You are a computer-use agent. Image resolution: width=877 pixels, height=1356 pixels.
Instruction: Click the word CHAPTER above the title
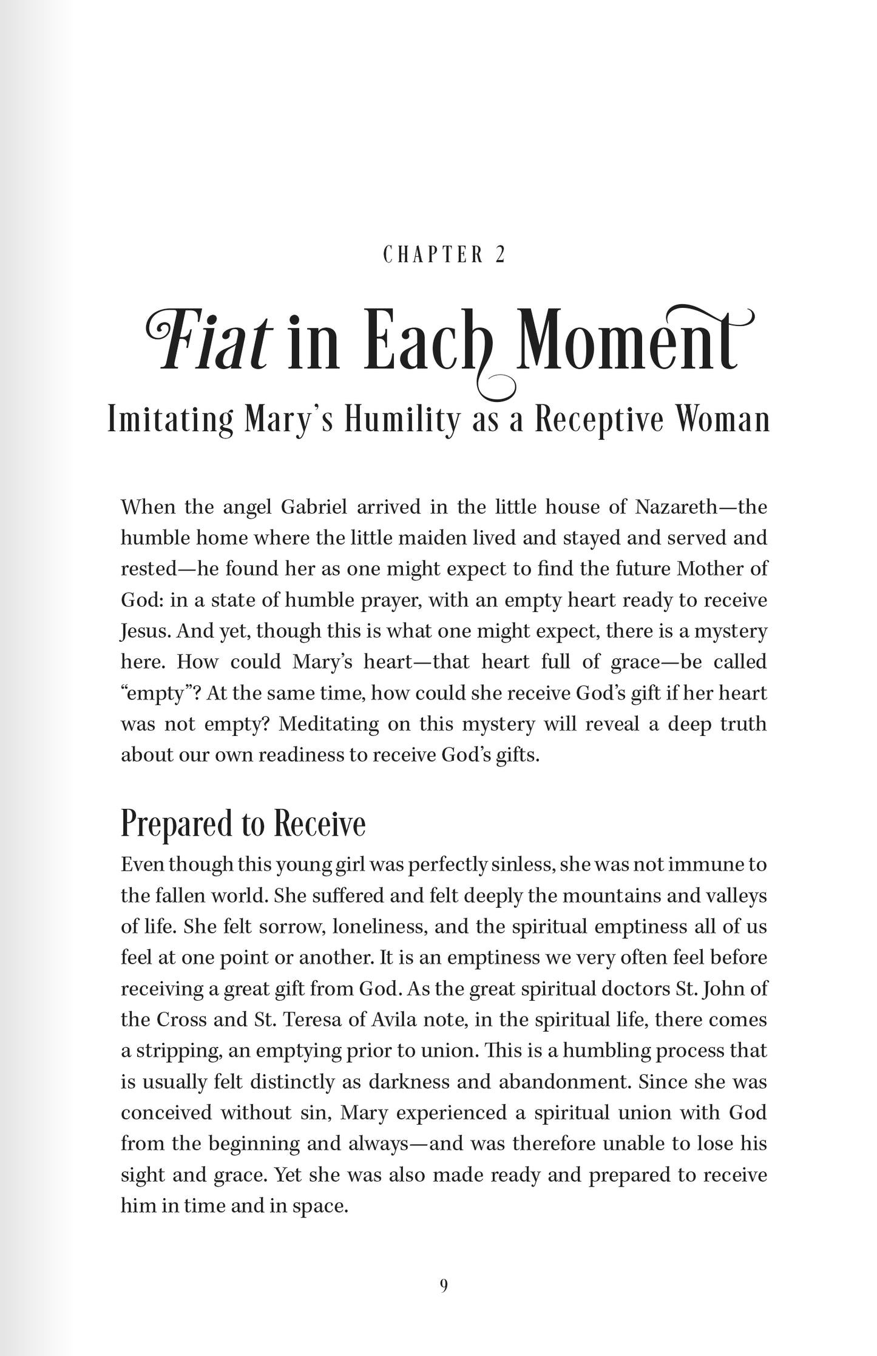[x=433, y=255]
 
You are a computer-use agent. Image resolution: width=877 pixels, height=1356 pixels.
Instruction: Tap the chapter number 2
[x=500, y=255]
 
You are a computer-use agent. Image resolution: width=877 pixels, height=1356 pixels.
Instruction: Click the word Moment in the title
[x=631, y=343]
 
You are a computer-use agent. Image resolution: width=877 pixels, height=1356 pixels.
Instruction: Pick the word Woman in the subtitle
[x=722, y=420]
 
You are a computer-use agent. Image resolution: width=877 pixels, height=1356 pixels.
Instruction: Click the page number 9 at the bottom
[x=444, y=1286]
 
